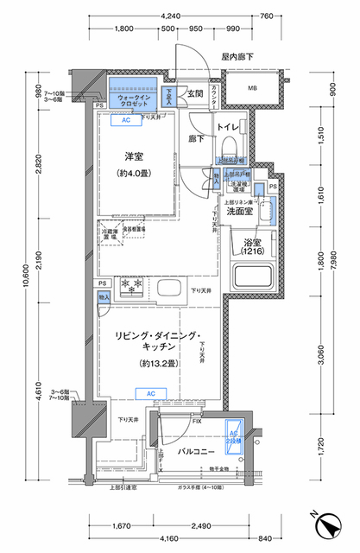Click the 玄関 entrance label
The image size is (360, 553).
(194, 93)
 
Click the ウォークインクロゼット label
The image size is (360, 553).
(133, 99)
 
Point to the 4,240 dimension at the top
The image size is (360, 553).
(170, 16)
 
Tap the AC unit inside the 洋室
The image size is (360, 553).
(126, 121)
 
